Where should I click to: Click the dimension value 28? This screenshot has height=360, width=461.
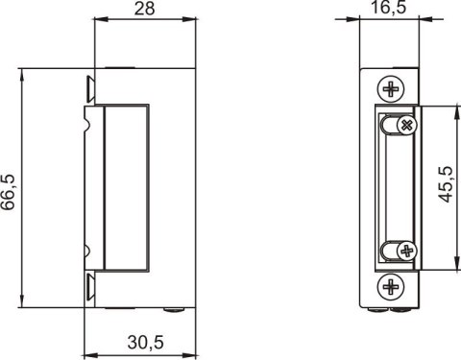(x=144, y=12)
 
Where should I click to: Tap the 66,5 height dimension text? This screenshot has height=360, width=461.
(x=10, y=189)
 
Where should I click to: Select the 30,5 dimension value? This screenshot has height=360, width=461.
(x=144, y=344)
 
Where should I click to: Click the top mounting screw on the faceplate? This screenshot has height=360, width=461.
(x=391, y=89)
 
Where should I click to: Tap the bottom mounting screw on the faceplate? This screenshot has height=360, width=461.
(x=391, y=286)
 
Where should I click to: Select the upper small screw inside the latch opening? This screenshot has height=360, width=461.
(x=406, y=126)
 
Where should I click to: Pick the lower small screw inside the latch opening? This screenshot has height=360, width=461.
(x=406, y=252)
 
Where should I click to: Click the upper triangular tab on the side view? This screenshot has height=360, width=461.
(x=89, y=88)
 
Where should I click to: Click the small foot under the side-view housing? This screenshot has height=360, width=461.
(x=173, y=310)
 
